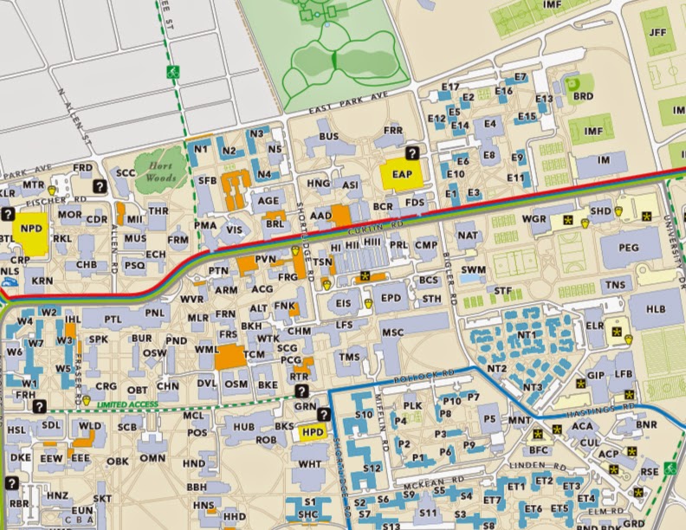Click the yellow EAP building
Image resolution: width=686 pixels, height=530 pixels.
(401, 174)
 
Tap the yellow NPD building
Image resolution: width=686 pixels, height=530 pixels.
(32, 229)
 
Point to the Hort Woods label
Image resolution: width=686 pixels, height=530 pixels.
(162, 168)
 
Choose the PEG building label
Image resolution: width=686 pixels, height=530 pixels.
(630, 247)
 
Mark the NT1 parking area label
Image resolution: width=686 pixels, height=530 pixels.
(527, 334)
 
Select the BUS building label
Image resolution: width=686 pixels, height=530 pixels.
(328, 137)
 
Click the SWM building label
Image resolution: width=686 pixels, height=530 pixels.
(472, 270)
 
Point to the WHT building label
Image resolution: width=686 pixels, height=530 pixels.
(309, 464)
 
